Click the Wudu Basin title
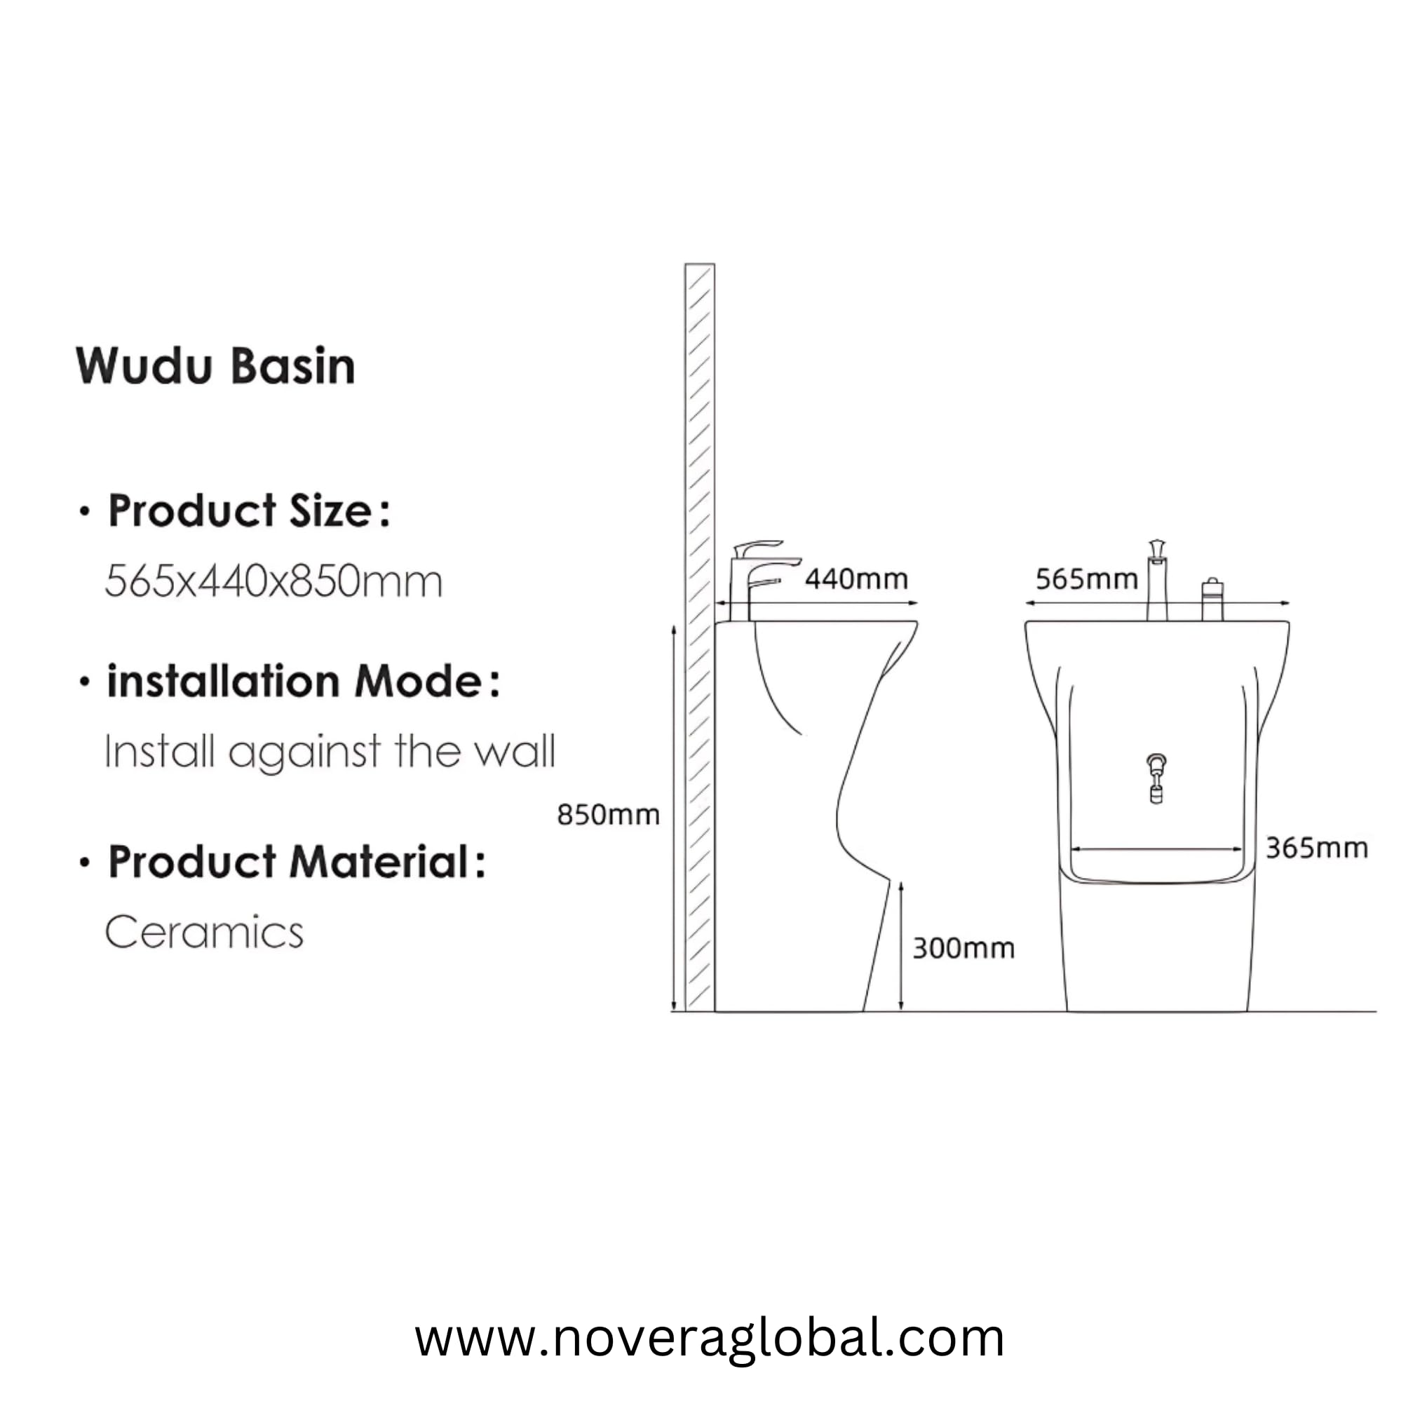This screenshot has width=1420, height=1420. pos(215,366)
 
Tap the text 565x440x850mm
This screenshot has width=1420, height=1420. pos(273,581)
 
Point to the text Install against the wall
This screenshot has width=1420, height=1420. pos(330,752)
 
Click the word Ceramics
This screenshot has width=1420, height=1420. pos(204,932)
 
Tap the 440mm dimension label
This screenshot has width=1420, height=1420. pos(856,579)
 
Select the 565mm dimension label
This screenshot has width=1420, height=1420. pos(1086,579)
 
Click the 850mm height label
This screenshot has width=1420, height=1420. pos(608,814)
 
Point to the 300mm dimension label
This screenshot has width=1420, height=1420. pos(963,948)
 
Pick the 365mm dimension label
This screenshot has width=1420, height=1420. pos(1316,848)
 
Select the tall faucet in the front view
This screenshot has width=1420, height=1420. pos(1157,581)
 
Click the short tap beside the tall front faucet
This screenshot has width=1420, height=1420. pos(1212,599)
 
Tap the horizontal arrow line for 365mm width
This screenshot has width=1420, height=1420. pos(1157,851)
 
